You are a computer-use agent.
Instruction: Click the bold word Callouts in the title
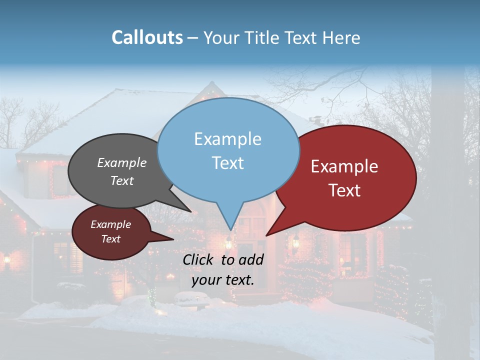147,37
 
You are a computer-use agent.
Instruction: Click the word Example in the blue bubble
227,139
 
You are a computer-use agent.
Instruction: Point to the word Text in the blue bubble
227,163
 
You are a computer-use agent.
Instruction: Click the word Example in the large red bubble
344,166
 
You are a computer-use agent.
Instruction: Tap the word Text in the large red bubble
344,190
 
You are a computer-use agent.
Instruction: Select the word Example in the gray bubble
122,162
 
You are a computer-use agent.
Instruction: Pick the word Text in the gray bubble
122,180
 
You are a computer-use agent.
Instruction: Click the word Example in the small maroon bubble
110,224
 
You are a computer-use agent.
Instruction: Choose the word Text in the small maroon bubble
110,239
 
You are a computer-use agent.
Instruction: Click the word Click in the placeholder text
198,259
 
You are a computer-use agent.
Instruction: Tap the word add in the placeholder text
251,259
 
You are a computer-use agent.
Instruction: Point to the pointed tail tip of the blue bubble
230,230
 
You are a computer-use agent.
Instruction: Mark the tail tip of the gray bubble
191,211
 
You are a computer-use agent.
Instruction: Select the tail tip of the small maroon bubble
173,240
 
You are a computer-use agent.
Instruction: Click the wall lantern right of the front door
295,241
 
